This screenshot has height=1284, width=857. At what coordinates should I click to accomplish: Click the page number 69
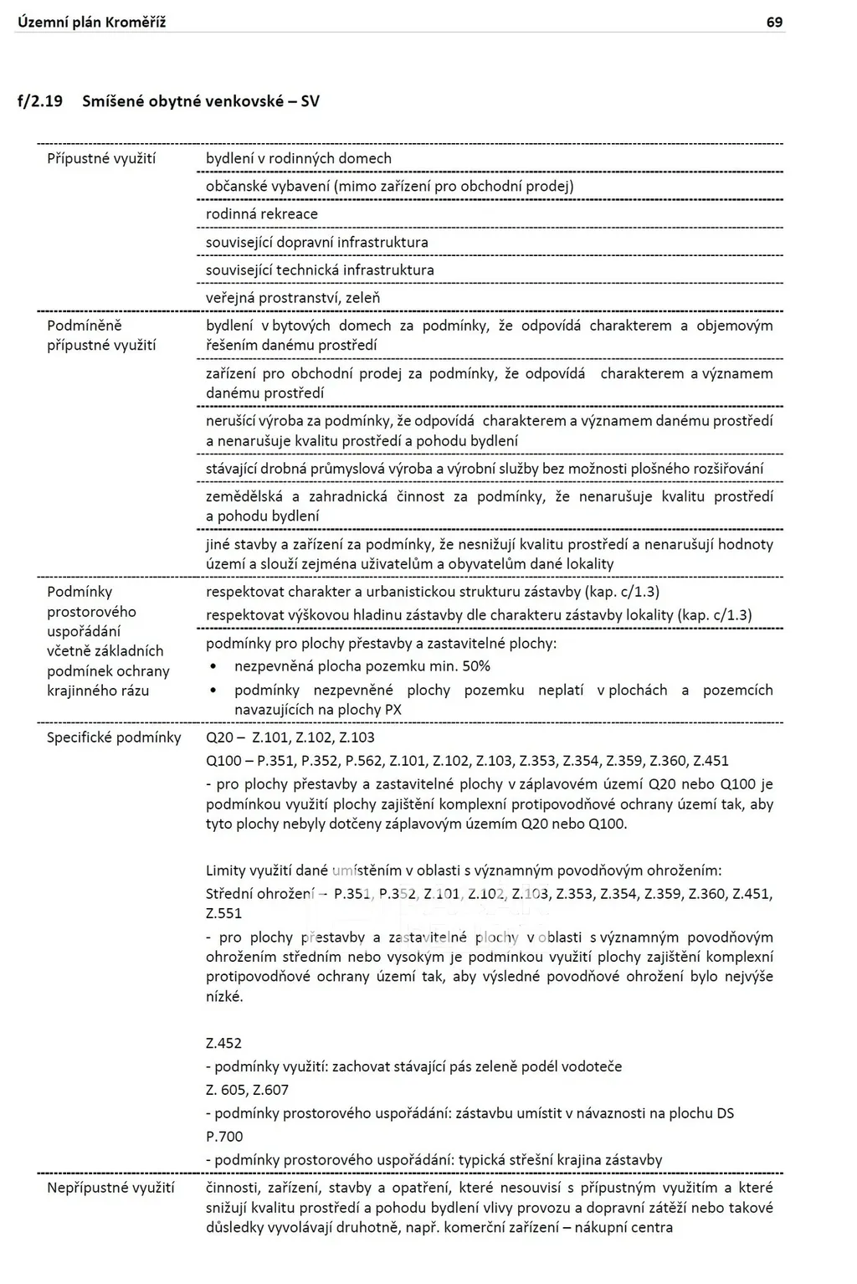coord(774,23)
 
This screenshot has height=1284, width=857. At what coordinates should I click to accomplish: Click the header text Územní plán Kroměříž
coord(91,23)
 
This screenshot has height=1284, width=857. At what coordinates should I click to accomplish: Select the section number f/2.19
coord(39,102)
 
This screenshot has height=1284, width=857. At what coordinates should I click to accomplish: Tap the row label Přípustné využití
coord(101,158)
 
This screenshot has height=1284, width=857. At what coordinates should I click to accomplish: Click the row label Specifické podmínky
coord(114,737)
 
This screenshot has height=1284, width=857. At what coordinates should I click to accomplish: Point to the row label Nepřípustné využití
coord(110,1188)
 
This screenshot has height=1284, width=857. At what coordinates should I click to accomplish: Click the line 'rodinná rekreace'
coord(262,214)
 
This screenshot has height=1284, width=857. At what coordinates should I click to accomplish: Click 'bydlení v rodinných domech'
coord(299,158)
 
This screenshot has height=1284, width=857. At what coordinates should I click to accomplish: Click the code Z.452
coord(223,1043)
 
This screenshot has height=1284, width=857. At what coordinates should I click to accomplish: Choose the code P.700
coord(224,1137)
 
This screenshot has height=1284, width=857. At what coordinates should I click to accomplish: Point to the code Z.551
coord(223,913)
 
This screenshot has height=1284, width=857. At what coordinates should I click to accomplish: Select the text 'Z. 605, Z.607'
coord(247,1090)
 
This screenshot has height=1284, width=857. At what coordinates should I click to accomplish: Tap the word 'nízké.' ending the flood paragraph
coord(224,997)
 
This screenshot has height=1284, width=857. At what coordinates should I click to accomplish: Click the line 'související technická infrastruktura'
coord(320,270)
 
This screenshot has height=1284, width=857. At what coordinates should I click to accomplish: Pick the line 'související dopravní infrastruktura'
coord(317,243)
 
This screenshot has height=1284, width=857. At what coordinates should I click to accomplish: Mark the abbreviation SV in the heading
coord(310,102)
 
